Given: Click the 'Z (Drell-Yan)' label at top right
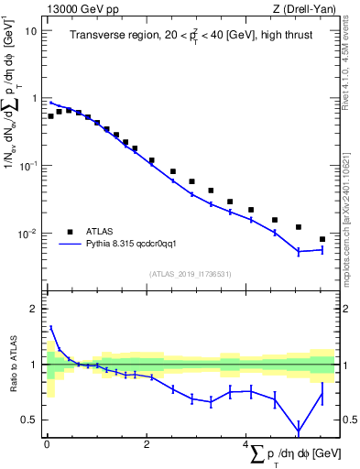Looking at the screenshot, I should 306,7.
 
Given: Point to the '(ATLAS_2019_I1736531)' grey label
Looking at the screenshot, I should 192,274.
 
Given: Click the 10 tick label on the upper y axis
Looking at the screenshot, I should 30,30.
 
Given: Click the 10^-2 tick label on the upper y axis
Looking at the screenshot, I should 28,234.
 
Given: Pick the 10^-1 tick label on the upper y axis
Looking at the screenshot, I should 28,166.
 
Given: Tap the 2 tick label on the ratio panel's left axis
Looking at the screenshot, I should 35,309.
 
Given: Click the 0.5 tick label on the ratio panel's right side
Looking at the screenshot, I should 349,420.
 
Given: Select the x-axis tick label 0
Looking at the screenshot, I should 47,444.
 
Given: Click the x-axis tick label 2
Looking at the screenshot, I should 147,444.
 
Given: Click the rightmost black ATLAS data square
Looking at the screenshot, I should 322,239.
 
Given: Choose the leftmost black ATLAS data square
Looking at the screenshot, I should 50,116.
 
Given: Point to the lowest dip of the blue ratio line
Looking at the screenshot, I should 299,432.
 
